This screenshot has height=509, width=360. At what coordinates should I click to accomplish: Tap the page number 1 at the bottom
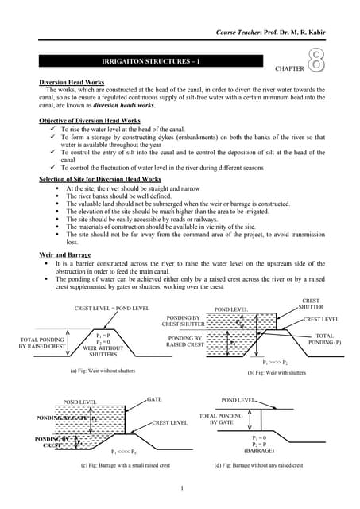pyautogui.click(x=182, y=488)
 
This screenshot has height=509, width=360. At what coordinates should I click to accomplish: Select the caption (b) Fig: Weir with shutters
pyautogui.click(x=276, y=373)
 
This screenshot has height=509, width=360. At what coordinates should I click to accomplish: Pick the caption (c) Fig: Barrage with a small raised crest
pyautogui.click(x=126, y=465)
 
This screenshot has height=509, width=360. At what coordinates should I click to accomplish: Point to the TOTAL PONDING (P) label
pyautogui.click(x=330, y=340)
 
